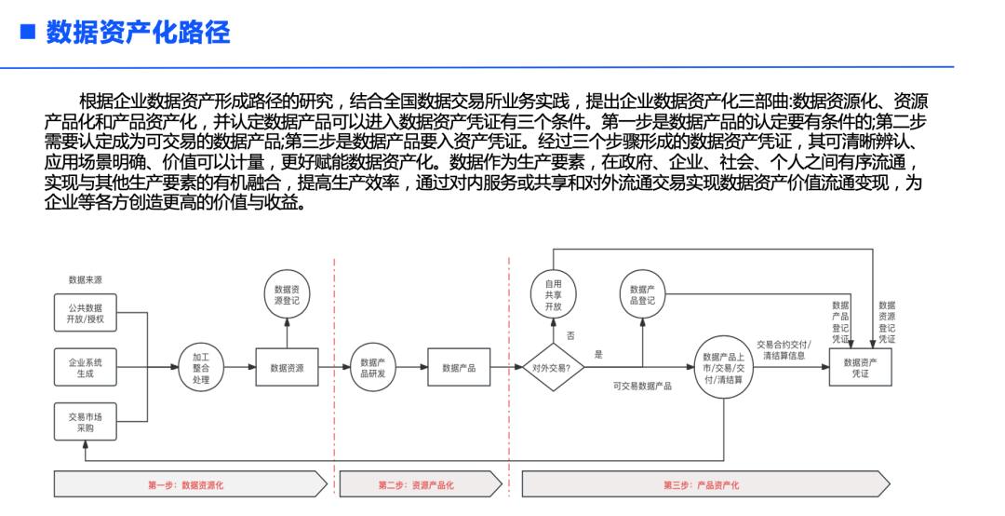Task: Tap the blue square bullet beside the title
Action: (29, 33)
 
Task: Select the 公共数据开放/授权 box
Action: (86, 313)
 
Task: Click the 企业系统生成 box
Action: (86, 367)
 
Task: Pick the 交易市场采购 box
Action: (86, 422)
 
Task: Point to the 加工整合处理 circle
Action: (201, 368)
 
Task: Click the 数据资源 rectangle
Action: (287, 368)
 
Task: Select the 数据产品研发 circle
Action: (373, 368)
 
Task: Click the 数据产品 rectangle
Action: (459, 368)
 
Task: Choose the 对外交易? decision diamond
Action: (553, 368)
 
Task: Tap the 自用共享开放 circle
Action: (553, 294)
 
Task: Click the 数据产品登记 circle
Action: (642, 295)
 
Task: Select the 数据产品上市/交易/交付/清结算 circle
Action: (723, 368)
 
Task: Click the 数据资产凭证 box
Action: (861, 368)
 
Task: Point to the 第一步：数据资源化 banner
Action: (191, 484)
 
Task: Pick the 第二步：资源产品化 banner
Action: (421, 484)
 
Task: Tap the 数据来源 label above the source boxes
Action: (86, 279)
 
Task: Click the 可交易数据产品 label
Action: (642, 386)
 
